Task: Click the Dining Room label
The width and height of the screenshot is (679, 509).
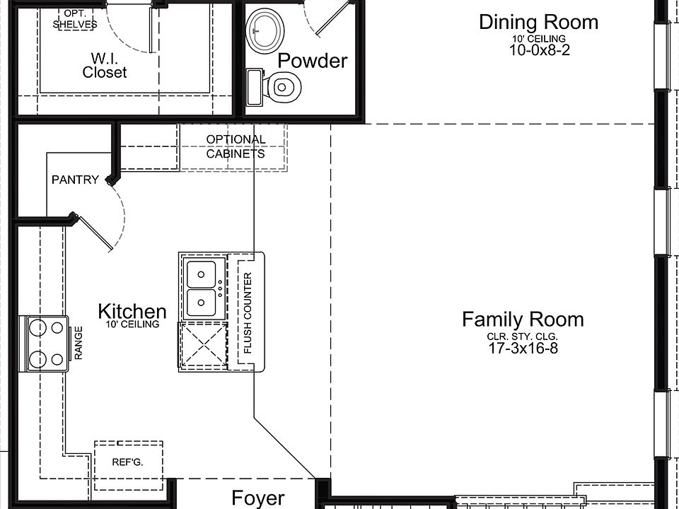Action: [x=539, y=22]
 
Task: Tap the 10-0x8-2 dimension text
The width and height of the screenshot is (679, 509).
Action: [x=539, y=50]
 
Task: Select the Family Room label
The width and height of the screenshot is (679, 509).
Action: [x=523, y=320]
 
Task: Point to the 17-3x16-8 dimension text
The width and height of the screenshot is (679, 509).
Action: [x=523, y=348]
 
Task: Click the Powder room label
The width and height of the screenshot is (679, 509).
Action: [x=312, y=61]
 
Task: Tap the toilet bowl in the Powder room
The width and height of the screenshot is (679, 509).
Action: [x=282, y=87]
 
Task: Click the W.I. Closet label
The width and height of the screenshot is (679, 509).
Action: [x=105, y=65]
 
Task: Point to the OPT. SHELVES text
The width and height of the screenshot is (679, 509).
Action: [x=75, y=20]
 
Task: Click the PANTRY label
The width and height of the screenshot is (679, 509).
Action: [x=76, y=180]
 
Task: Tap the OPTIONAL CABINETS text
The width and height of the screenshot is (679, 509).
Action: [x=236, y=147]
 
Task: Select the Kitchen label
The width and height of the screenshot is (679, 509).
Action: [x=132, y=311]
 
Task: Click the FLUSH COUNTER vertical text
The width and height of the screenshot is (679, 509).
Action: [x=248, y=312]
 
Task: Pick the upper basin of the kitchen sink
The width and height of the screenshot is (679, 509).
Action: [x=201, y=274]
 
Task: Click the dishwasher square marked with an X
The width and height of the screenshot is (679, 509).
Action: [x=203, y=345]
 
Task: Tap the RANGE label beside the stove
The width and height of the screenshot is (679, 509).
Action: [x=79, y=343]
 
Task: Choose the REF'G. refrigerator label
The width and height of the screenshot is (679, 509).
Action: [x=128, y=462]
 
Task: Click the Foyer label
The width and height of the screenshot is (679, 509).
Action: [x=258, y=498]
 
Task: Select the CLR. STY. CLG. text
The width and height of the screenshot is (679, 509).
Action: [x=523, y=337]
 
